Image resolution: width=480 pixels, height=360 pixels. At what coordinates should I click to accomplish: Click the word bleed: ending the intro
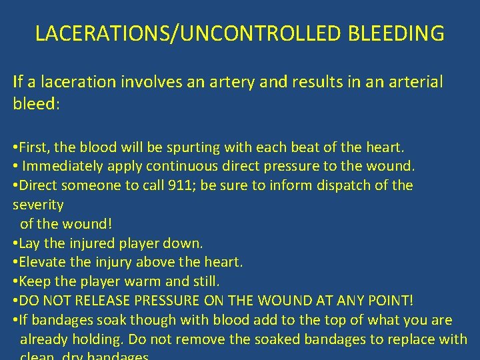point(37,105)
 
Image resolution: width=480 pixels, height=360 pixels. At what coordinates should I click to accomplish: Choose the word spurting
point(176,147)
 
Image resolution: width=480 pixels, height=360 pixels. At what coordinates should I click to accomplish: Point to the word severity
point(39,205)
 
